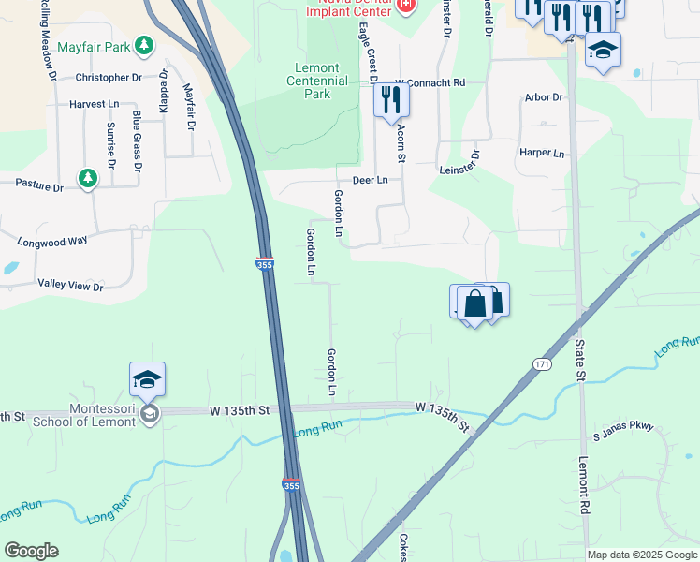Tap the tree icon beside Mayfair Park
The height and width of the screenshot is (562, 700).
(143, 44)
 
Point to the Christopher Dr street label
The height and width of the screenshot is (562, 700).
(109, 78)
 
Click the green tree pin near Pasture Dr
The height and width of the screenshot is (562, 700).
(87, 177)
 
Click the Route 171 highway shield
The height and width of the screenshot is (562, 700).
(542, 363)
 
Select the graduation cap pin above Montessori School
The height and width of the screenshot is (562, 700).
(148, 378)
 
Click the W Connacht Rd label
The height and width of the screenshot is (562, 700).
(430, 83)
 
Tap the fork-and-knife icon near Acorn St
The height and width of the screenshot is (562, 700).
(391, 99)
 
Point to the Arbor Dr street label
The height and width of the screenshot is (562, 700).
(544, 97)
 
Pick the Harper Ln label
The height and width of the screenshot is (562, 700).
(542, 153)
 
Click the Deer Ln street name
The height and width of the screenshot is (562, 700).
(370, 180)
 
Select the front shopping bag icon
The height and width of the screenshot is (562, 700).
(475, 303)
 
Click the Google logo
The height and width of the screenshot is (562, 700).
(31, 551)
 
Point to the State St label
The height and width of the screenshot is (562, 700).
(580, 361)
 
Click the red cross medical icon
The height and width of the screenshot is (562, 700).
(406, 7)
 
